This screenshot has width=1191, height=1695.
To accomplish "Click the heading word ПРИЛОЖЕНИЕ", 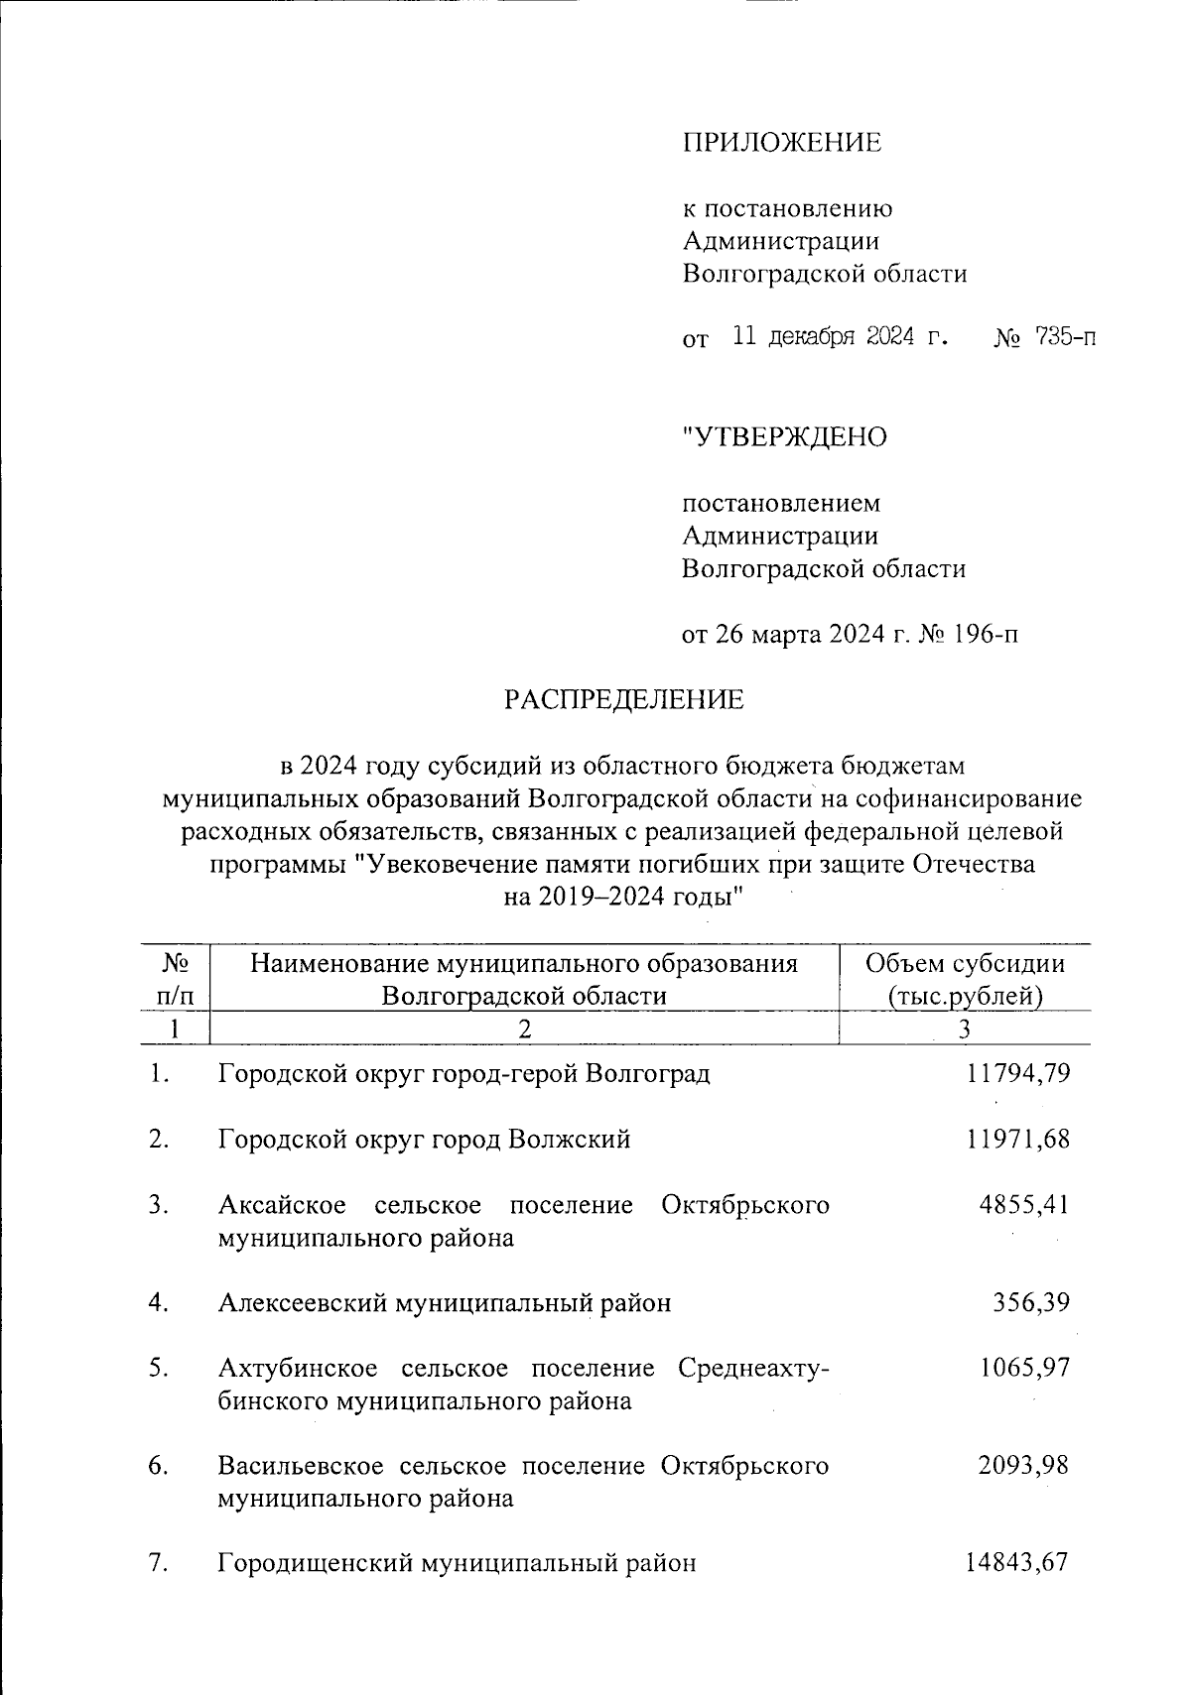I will [781, 143].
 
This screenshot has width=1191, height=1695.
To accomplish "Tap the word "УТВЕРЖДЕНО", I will [784, 436].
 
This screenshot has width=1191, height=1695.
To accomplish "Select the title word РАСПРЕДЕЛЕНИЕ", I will [623, 700].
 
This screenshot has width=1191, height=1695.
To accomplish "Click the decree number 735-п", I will [1065, 337].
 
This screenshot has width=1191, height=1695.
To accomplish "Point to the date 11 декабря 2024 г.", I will [839, 337].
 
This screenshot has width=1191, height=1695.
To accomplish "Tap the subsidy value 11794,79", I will [1017, 1073].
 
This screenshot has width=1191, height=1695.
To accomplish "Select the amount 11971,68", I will [1017, 1139].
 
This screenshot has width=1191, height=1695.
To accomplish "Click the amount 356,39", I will [1031, 1301].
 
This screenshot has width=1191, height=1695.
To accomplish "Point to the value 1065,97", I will [1024, 1368].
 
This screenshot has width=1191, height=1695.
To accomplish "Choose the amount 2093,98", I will [1023, 1465].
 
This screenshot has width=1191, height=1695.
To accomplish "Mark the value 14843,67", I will [1016, 1563].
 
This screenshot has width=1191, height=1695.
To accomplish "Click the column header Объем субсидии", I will [965, 963].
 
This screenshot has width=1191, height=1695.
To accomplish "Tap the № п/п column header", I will [176, 978].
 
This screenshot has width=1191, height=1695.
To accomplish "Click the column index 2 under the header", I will [524, 1029].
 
